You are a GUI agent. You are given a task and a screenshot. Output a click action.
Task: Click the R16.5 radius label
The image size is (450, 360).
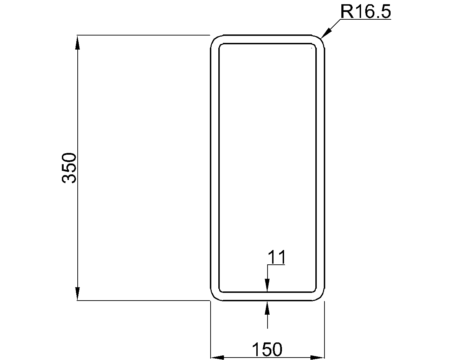pos(365,12)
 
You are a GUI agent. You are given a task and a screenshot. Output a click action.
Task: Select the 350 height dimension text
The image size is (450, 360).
pos(69,168)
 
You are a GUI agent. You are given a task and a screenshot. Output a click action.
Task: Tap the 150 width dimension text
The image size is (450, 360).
pos(267,349)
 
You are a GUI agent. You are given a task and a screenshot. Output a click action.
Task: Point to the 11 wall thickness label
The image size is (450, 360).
pos(277,257)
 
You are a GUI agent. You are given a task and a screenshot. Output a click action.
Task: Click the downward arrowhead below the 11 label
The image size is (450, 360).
pos(268,285)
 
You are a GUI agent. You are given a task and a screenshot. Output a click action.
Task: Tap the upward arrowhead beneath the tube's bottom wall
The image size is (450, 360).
pos(268,308)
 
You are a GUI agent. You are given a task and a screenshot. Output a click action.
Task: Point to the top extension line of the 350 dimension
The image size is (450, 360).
pos(141,35)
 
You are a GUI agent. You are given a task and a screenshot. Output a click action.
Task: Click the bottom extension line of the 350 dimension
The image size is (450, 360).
pos(141,301)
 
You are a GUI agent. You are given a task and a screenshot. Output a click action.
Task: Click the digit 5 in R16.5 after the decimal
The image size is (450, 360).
pos(385,12)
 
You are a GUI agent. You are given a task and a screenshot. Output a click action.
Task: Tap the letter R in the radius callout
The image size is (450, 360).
pos(346,12)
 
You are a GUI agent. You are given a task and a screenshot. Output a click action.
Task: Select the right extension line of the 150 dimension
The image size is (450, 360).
pos(324,330)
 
